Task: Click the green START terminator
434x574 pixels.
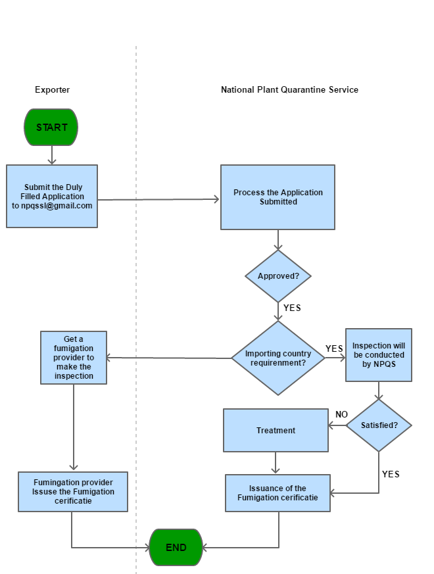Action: (51, 127)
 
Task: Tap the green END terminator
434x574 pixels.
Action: (176, 547)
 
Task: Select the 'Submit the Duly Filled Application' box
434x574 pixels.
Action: (52, 196)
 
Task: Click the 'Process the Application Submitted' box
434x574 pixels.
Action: (277, 197)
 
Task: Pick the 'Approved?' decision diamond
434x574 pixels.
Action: (278, 276)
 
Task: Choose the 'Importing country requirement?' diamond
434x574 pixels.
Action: (278, 358)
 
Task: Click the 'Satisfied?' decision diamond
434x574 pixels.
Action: (379, 425)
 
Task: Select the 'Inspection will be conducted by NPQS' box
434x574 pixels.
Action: (379, 355)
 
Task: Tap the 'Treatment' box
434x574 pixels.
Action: (276, 431)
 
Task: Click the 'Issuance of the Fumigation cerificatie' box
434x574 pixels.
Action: (277, 493)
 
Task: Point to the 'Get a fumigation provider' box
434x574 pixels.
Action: (74, 358)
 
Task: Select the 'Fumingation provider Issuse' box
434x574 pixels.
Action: (73, 491)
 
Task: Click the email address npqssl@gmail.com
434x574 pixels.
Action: (52, 206)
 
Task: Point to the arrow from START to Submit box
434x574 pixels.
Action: (52, 155)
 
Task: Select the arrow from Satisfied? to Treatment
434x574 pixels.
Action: (337, 426)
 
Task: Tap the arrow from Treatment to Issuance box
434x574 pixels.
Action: (276, 463)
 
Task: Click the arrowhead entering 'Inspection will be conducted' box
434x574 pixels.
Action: (342, 358)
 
